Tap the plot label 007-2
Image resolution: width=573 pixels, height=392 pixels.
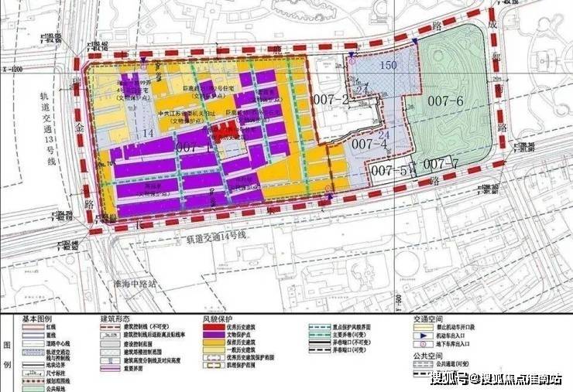pos(331,99)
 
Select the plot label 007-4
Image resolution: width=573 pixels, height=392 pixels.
pos(369,145)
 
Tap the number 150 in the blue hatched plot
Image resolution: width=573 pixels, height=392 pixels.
pos(388,66)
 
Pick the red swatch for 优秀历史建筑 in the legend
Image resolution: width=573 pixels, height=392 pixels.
pos(209,328)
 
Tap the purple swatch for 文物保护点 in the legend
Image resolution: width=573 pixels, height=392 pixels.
pos(209,336)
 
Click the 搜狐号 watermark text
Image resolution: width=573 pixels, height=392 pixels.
pos(448,379)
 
